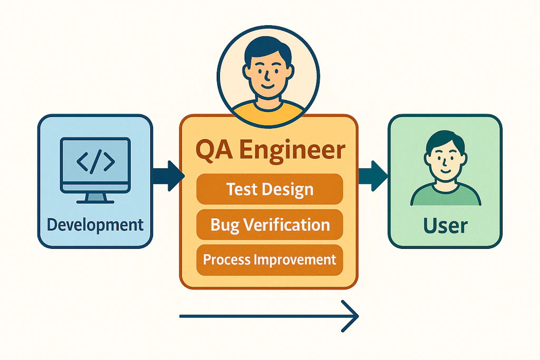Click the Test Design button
pos(269,189)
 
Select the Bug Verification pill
pos(269,225)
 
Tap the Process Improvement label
pos(269,259)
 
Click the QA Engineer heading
pos(271,150)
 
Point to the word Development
pos(95,225)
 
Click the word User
pos(445,226)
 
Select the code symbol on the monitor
pos(95,161)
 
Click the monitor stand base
pos(95,202)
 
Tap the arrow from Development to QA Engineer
pos(168,176)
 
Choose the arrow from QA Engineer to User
pos(373,176)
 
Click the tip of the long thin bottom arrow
pos(359,316)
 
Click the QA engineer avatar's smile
pos(267,86)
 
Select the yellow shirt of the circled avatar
pos(267,111)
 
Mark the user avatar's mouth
pos(446,171)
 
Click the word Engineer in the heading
pos(292,150)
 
